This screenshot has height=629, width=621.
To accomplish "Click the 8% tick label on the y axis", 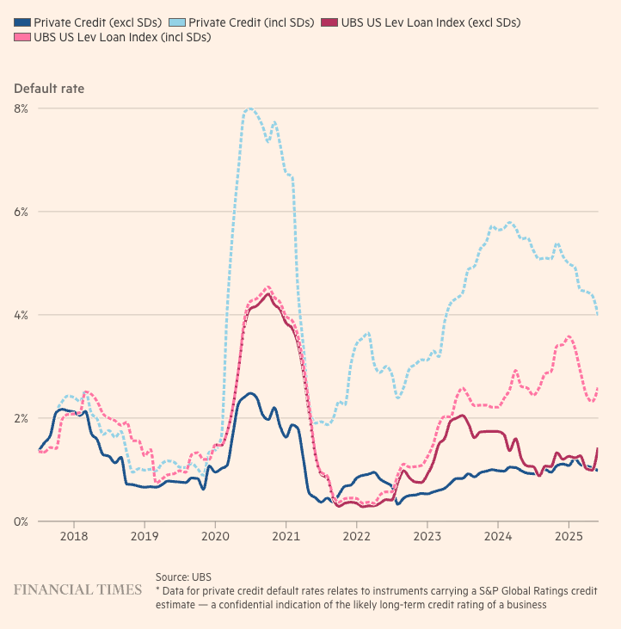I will click(21, 108).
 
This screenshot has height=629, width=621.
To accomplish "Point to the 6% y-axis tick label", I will click(21, 212).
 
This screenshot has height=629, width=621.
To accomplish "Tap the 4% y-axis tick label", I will click(21, 315).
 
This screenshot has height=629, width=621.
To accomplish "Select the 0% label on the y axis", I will click(21, 521).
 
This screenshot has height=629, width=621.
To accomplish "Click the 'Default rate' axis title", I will click(49, 88).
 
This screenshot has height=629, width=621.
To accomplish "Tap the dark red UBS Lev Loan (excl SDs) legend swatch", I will click(335, 22).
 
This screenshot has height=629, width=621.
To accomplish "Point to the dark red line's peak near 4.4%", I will click(267, 293).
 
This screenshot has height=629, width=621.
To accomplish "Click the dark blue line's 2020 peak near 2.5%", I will click(250, 393).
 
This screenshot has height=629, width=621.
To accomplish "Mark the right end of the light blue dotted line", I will click(597, 315).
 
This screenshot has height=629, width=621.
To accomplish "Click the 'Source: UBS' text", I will click(183, 577).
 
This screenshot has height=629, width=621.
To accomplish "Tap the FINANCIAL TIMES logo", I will click(77, 590).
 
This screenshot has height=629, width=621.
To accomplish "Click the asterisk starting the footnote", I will click(158, 592).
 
